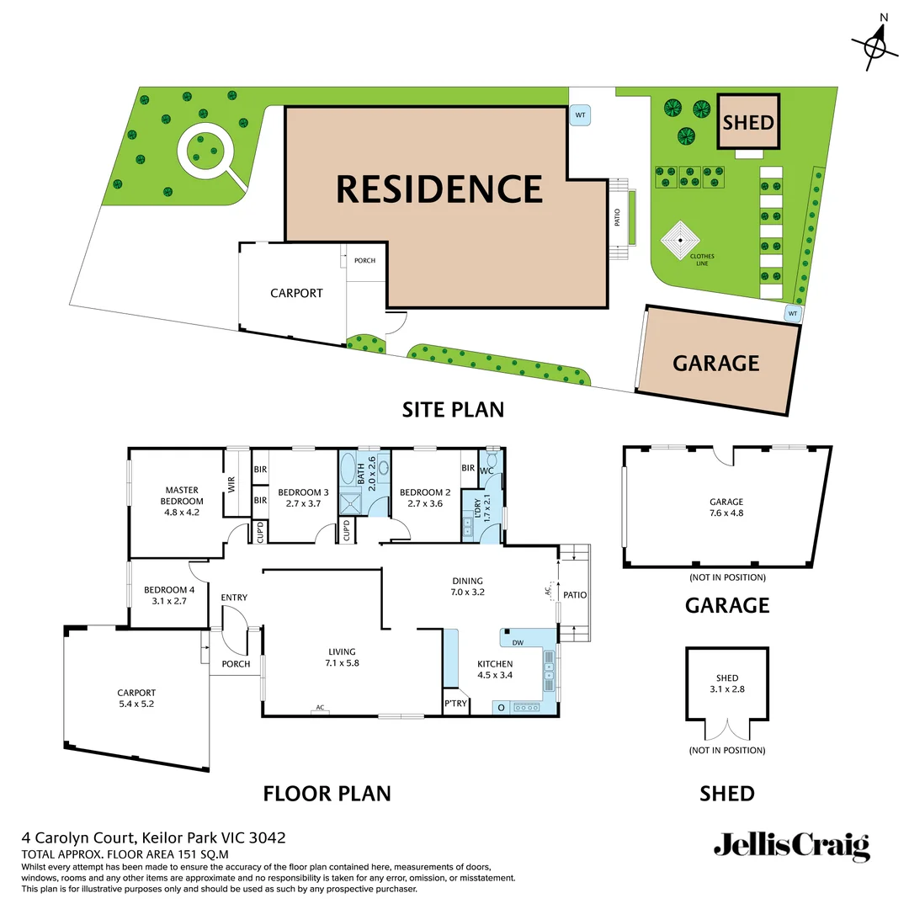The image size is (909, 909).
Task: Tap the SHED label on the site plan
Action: point(748,123)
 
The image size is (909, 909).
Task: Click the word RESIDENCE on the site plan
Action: point(439,189)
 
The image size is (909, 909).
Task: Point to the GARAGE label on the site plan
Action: point(715,364)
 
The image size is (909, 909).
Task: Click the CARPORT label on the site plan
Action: point(296,294)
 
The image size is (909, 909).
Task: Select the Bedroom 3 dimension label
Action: point(300,497)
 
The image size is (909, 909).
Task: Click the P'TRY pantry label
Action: point(454,704)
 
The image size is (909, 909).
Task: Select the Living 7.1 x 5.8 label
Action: point(342,657)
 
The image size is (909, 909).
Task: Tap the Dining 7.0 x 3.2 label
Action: point(467,586)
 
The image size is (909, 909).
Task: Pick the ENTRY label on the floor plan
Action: point(234,598)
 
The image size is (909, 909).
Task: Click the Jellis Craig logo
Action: point(791,844)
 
